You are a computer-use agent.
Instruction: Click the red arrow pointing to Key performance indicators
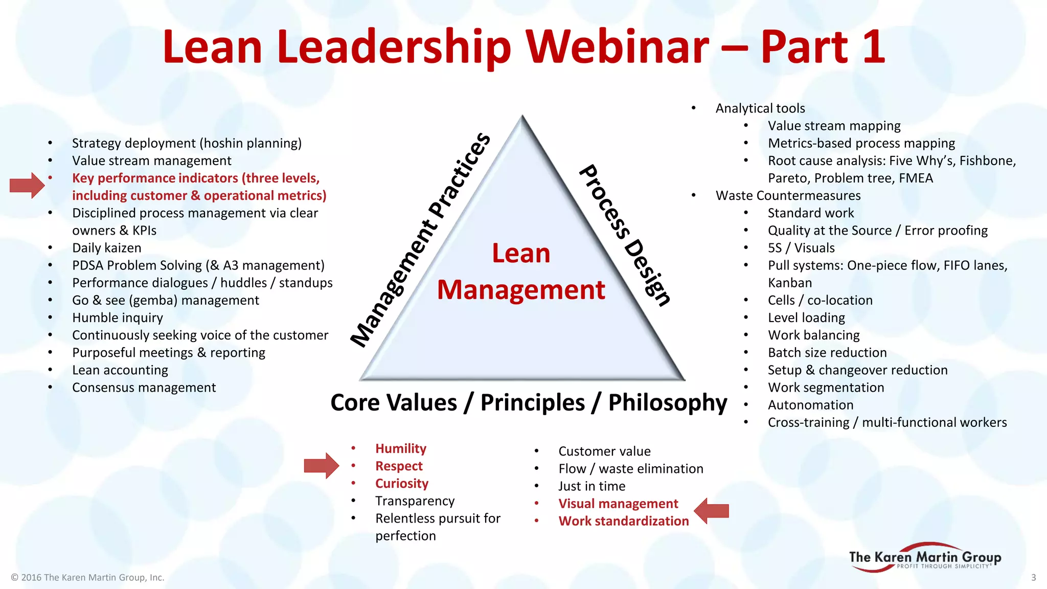point(27,185)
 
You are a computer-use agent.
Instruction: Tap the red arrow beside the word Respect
point(321,466)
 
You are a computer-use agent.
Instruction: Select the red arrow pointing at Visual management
point(712,510)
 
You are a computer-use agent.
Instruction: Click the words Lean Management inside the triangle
point(521,271)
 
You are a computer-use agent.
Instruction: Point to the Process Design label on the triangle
point(625,235)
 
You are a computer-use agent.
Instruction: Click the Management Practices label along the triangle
point(421,239)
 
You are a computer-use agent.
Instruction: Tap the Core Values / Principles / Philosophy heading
point(529,402)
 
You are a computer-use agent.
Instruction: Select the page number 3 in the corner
point(1033,577)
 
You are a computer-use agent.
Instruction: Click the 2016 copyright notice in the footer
point(87,577)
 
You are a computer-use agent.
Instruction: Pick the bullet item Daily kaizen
point(107,248)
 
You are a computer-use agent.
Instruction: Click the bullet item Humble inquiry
point(118,318)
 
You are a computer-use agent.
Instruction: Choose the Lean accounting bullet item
point(120,370)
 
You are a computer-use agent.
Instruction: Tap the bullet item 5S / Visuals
point(801,248)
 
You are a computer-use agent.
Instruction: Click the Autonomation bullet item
point(810,405)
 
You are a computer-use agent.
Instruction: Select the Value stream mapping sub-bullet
point(834,126)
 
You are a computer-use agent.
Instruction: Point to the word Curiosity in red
point(402,484)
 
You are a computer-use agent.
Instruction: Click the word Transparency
point(415,501)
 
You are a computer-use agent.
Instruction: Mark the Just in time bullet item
point(591,486)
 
